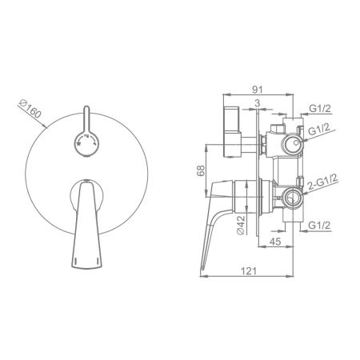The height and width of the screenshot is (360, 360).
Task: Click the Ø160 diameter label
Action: (x=30, y=109)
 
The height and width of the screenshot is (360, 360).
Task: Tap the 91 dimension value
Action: (x=258, y=90)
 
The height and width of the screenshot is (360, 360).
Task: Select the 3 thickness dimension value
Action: (x=257, y=103)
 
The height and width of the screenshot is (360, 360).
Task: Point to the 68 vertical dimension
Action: (x=201, y=170)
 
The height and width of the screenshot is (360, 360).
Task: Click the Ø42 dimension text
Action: (x=241, y=225)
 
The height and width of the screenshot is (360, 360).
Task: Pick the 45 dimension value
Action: (x=275, y=242)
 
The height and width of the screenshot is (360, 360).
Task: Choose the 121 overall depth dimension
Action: (x=249, y=271)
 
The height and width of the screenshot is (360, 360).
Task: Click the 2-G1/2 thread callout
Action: (x=322, y=182)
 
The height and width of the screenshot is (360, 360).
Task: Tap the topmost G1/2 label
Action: (x=320, y=109)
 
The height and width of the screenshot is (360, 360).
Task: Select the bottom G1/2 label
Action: (x=319, y=226)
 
